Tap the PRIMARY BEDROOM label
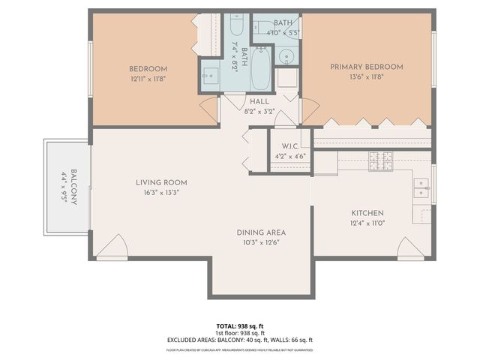point(367,67)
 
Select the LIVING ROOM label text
point(161,182)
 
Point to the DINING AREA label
point(261,232)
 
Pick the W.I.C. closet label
point(291,145)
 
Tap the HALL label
point(259,101)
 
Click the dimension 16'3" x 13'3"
point(161,192)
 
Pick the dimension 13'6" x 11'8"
point(367,76)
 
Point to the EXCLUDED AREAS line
point(240,340)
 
